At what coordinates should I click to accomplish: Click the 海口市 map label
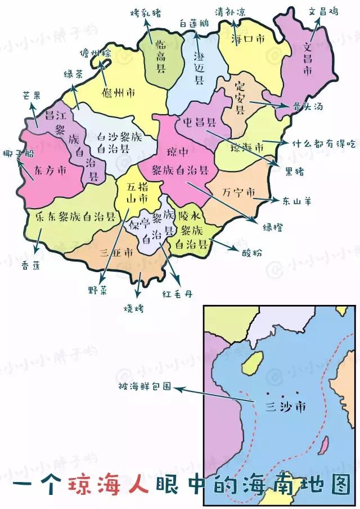tap(248, 39)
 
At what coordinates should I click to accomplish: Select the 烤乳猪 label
tap(145, 12)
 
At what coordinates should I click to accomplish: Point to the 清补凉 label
tap(231, 12)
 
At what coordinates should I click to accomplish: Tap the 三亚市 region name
tap(115, 252)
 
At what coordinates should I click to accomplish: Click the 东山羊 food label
tap(295, 201)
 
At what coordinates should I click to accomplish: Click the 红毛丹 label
tap(177, 294)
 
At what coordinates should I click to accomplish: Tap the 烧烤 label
tap(134, 308)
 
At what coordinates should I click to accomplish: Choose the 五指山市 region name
tap(137, 192)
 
